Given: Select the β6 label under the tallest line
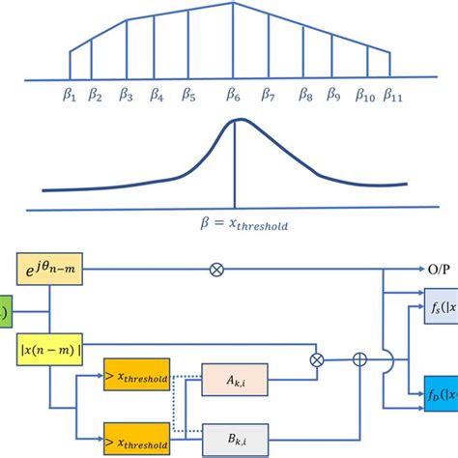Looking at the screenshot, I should pyautogui.click(x=233, y=95).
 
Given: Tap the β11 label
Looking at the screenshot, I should pyautogui.click(x=393, y=95).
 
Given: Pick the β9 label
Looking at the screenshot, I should pyautogui.click(x=333, y=95).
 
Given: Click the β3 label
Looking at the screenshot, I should pyautogui.click(x=126, y=95).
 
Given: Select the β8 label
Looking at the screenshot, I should pyautogui.click(x=305, y=95).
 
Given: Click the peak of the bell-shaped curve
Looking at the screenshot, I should pyautogui.click(x=234, y=122).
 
